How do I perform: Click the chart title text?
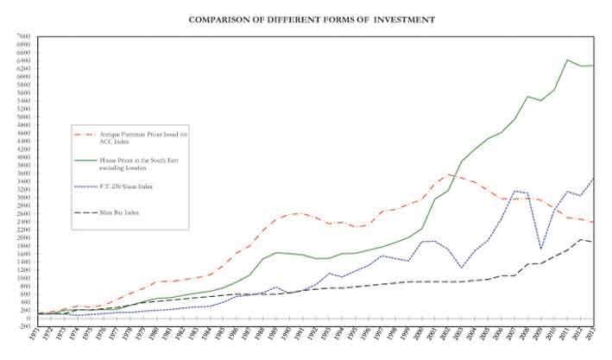click(312, 19)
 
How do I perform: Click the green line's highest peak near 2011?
click(567, 60)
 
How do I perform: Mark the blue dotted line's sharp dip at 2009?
click(540, 249)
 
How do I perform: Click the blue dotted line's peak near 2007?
click(514, 191)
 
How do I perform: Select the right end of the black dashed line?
click(592, 242)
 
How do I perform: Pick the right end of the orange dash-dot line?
click(592, 223)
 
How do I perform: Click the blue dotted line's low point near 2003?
click(462, 268)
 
